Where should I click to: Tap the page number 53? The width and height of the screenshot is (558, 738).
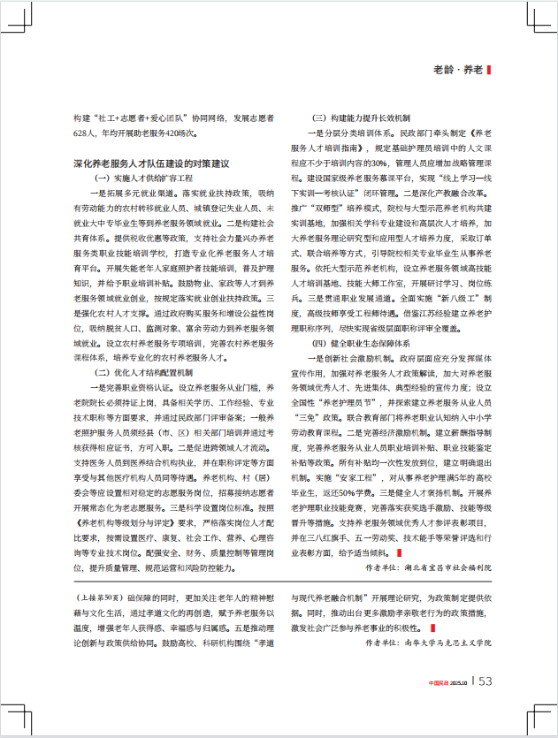[x=485, y=681]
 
